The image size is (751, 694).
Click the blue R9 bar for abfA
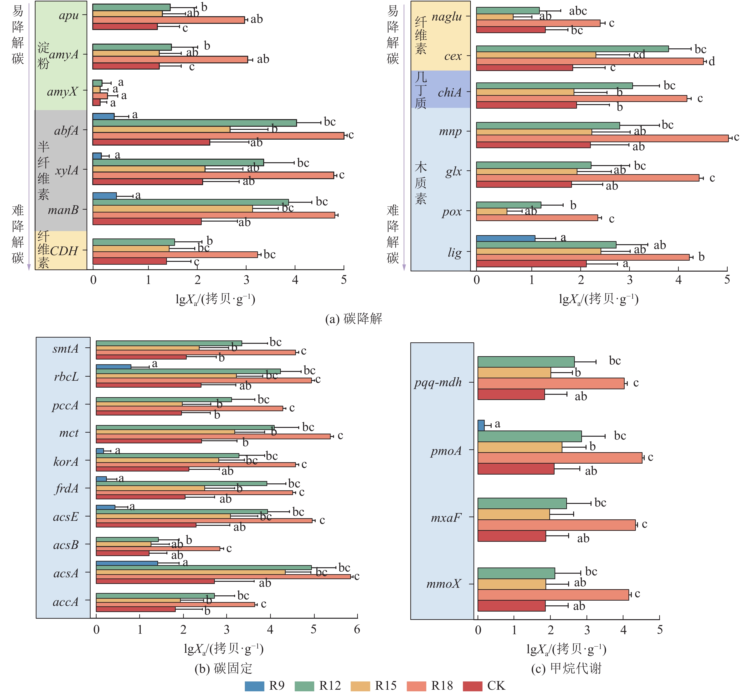tap(103, 117)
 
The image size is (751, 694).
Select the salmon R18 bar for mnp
tap(602, 138)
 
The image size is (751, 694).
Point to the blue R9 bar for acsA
tap(127, 563)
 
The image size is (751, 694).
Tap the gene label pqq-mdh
tap(438, 382)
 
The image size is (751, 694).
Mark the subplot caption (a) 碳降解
tap(353, 319)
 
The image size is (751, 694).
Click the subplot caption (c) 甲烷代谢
tap(566, 669)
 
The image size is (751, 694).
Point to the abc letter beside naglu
tap(578, 11)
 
